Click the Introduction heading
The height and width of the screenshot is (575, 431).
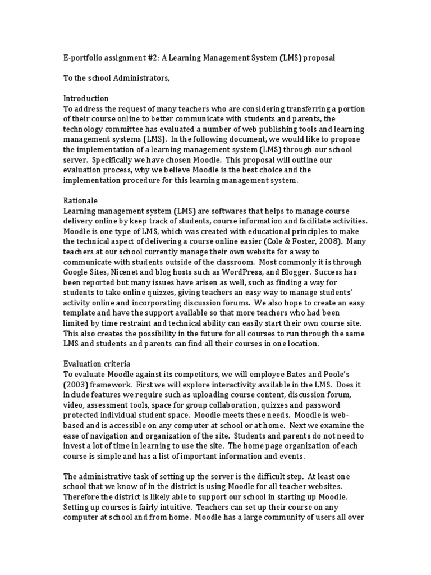[86, 98]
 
